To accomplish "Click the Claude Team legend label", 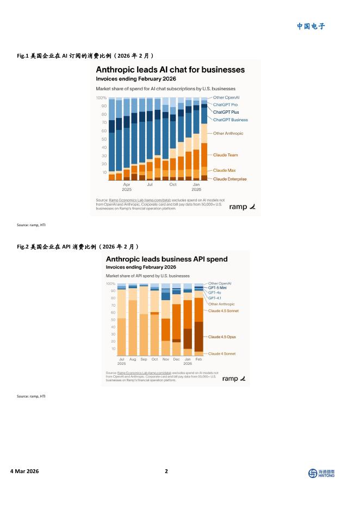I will point(225,155).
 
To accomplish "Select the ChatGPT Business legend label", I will point(230,120).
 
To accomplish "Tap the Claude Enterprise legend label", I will point(229,179).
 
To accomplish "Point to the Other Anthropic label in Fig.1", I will point(228,133).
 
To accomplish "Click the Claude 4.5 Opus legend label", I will point(222,337).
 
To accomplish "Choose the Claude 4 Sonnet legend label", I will point(222,353).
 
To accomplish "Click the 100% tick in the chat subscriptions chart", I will point(101,97).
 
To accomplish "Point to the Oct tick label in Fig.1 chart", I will point(172,185).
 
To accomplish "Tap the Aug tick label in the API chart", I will point(133,359).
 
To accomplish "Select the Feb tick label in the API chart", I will point(198,359).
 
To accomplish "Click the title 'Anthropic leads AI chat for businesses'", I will point(170,70).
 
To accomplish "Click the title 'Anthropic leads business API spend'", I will point(166,259).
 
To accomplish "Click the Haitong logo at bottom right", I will point(321,474).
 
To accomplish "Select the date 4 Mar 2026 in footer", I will point(24,471).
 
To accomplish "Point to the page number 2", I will point(166,471).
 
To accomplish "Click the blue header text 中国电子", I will point(311,26).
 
